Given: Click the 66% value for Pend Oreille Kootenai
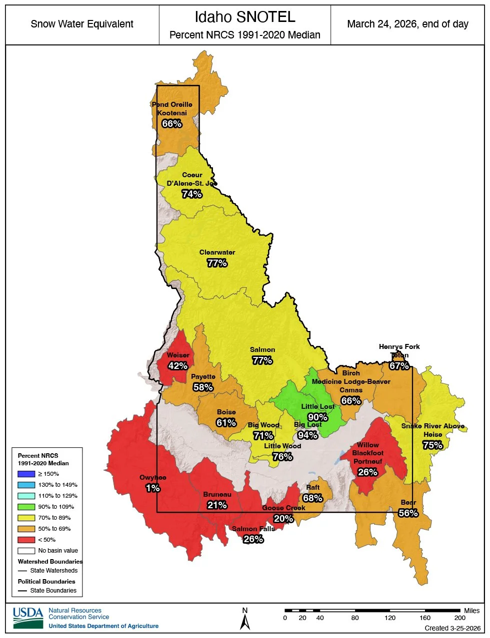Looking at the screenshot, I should (x=171, y=123).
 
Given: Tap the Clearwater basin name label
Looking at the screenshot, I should (x=217, y=252).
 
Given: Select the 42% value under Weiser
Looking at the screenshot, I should (x=177, y=366).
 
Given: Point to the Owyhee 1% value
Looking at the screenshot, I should (x=152, y=488).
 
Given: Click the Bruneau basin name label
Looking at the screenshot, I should (x=217, y=494).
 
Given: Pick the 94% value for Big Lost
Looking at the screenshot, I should (x=307, y=435).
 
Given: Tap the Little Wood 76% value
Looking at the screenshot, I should (x=282, y=456).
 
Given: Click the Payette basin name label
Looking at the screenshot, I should (x=203, y=376).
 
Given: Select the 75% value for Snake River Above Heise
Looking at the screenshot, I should (x=432, y=445).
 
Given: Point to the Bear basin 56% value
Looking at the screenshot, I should (x=408, y=513).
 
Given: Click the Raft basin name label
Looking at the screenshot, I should (x=312, y=487).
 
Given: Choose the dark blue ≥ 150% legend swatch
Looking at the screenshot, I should (x=26, y=474).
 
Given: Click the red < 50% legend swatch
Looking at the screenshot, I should (x=26, y=540).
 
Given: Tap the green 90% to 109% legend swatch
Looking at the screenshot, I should (x=26, y=507).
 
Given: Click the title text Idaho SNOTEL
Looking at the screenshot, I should (x=244, y=17).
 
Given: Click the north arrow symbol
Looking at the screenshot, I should (x=245, y=621).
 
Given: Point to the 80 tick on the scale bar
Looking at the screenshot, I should (x=355, y=618).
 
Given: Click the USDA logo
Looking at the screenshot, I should (x=28, y=618).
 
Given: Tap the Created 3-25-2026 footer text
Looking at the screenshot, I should (x=452, y=628).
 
